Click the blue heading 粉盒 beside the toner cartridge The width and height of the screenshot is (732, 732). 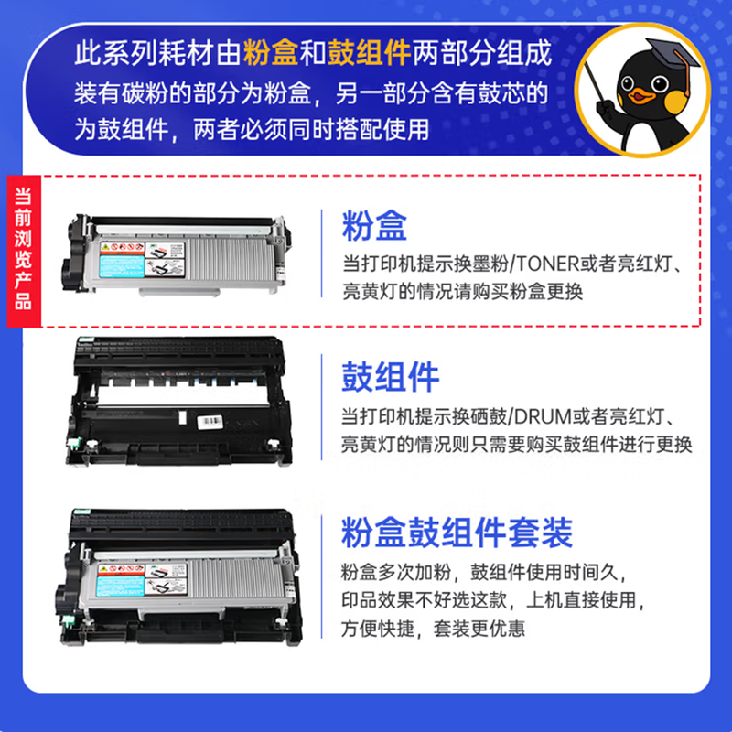(374, 225)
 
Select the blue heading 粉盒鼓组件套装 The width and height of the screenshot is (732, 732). (457, 531)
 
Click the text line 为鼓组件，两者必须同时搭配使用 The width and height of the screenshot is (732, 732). (251, 128)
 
